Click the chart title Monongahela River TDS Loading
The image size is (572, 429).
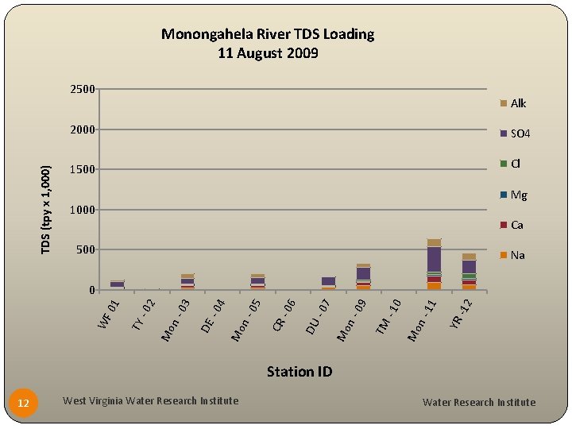coord(268,34)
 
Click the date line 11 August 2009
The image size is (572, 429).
coord(268,53)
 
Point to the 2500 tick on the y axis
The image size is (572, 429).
coord(82,89)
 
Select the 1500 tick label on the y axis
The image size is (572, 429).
coord(82,169)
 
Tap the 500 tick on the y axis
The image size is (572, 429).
coord(84,250)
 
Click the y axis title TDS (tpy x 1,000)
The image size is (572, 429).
coord(47,210)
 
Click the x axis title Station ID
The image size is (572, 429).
coord(299,371)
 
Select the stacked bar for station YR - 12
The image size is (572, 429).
coord(469,272)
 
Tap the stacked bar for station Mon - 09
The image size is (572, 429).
coord(364,276)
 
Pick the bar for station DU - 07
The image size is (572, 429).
coord(328,282)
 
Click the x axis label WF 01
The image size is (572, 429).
coord(108,311)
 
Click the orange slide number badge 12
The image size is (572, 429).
coord(24,404)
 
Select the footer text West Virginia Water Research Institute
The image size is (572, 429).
coord(150,400)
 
